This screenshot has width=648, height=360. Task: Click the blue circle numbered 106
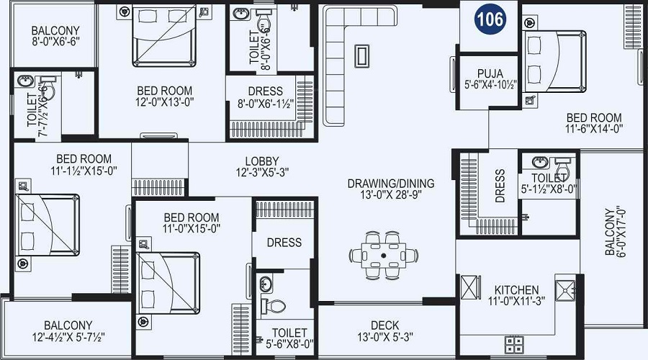tap(490, 19)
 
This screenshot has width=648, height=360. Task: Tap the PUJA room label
tap(490, 73)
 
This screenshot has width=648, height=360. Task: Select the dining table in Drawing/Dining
tap(384, 256)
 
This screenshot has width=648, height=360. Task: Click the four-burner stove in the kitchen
tap(515, 345)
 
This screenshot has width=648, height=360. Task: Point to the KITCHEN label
tap(516, 289)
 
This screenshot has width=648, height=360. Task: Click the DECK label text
tap(384, 325)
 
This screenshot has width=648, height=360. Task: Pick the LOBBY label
tap(262, 161)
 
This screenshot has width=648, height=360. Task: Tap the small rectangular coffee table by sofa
tap(361, 55)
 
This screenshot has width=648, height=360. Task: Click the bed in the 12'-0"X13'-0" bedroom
tap(164, 36)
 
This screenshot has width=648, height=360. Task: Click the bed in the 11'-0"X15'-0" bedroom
tap(168, 284)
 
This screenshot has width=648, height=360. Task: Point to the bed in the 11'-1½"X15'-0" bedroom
tap(48, 225)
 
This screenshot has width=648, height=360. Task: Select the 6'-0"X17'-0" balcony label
tap(616, 231)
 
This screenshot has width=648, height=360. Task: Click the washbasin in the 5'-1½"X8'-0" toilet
tap(541, 162)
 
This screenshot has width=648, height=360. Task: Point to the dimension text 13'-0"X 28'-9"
tap(391, 194)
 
